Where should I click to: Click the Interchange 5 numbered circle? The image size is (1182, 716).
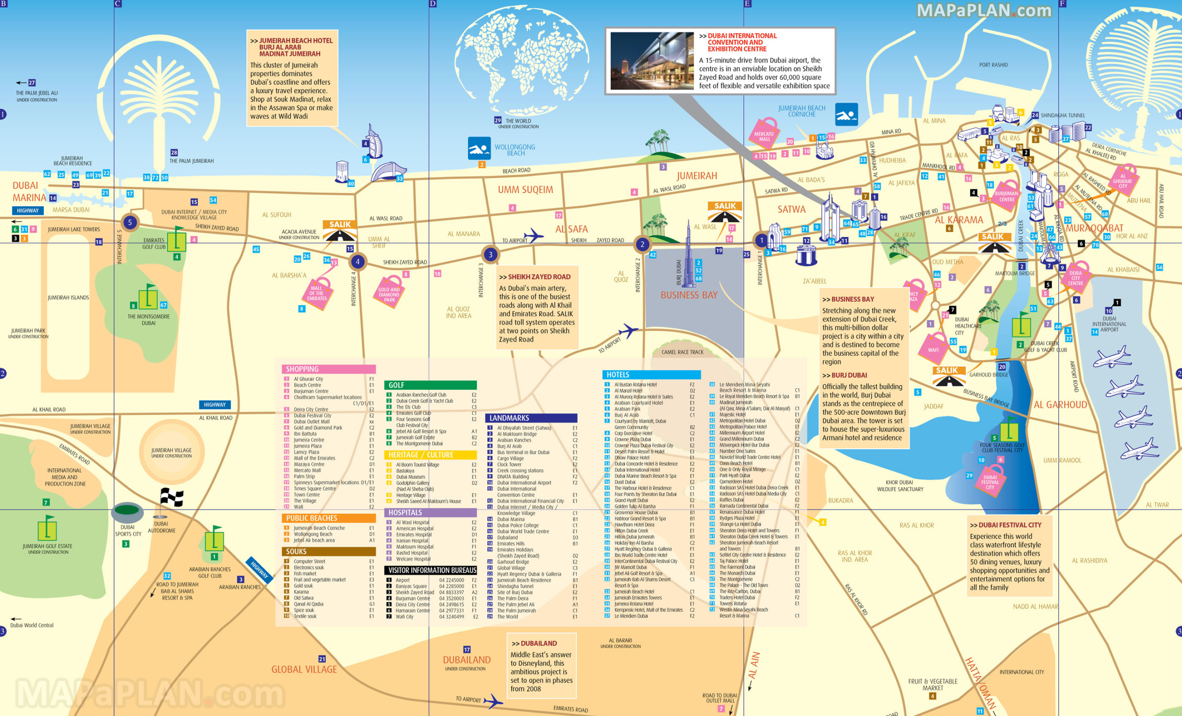click(x=130, y=223)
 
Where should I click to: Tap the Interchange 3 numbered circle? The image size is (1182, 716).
click(x=490, y=255)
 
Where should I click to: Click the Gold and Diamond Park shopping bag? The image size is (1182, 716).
click(x=389, y=294)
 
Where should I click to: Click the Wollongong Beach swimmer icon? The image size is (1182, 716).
click(x=479, y=149)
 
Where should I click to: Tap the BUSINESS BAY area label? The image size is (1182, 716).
click(x=689, y=295)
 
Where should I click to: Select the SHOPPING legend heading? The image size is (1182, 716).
click(x=302, y=369)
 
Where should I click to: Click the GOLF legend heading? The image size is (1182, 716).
click(x=396, y=385)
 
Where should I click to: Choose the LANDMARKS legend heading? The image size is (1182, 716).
click(x=509, y=418)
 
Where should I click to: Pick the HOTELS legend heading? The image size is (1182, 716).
click(x=618, y=375)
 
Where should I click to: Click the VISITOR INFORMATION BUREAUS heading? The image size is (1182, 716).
click(x=432, y=570)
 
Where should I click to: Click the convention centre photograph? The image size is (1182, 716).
click(x=652, y=61)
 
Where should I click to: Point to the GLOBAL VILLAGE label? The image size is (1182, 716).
click(x=304, y=669)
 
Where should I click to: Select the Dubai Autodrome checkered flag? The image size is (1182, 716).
click(x=171, y=498)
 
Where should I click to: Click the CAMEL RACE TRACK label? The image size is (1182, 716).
click(x=682, y=352)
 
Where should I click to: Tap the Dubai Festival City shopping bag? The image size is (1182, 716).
click(x=990, y=481)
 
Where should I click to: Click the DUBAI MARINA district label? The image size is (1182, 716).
click(x=29, y=192)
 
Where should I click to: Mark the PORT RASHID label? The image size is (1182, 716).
click(x=993, y=65)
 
